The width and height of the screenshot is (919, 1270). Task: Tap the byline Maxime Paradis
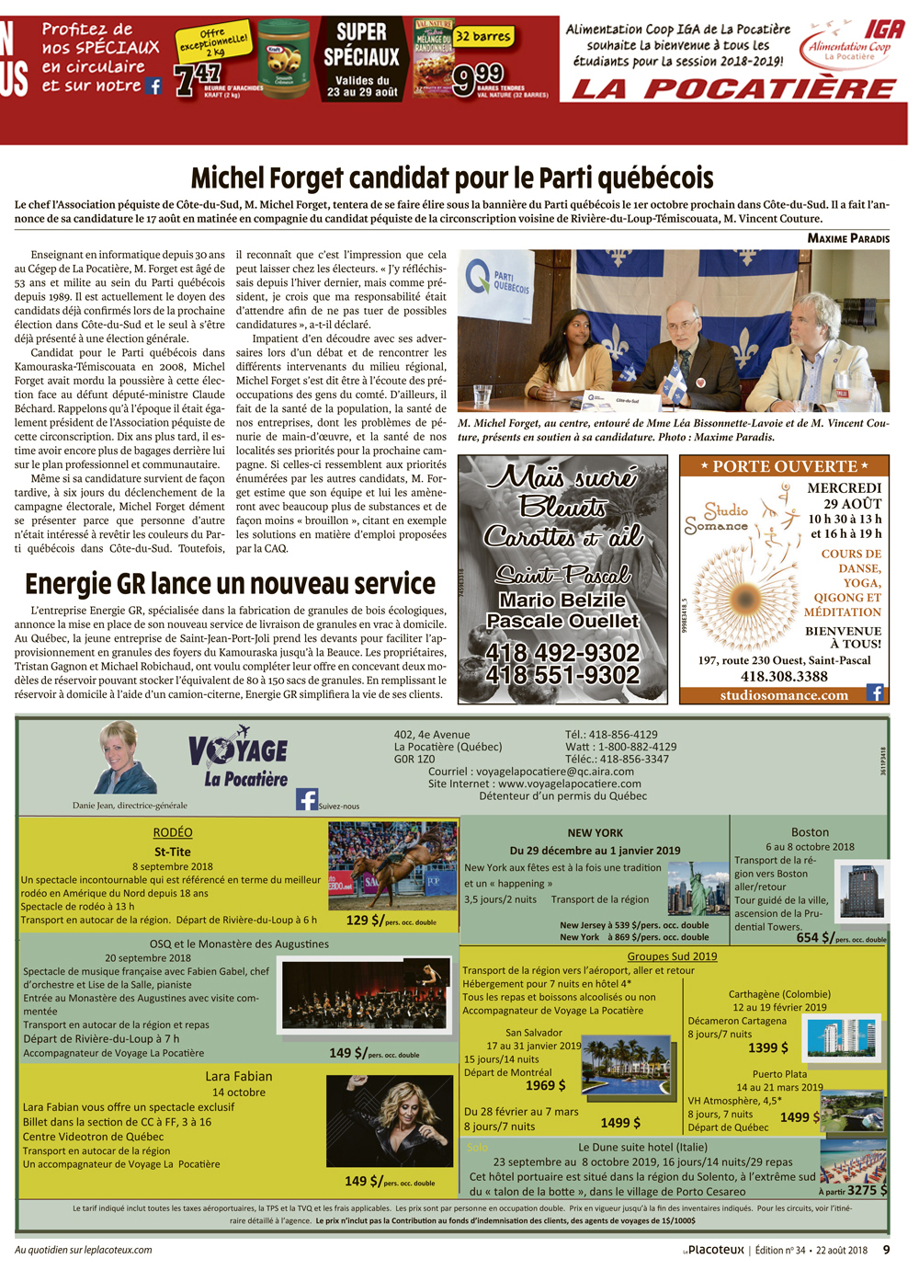[x=848, y=238]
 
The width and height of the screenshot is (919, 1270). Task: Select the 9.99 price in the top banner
[x=478, y=77]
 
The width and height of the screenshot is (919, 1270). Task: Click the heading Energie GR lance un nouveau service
[x=230, y=584]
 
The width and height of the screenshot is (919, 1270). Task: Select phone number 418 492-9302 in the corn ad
[x=562, y=652]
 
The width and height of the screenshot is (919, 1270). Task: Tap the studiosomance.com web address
[x=784, y=695]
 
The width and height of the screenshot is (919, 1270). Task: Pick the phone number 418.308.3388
[x=784, y=676]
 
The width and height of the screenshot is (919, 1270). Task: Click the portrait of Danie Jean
[x=126, y=759]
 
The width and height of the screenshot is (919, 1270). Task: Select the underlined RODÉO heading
[x=173, y=832]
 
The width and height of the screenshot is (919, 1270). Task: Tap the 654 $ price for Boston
[x=814, y=937]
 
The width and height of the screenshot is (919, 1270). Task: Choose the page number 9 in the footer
[x=886, y=1250]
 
